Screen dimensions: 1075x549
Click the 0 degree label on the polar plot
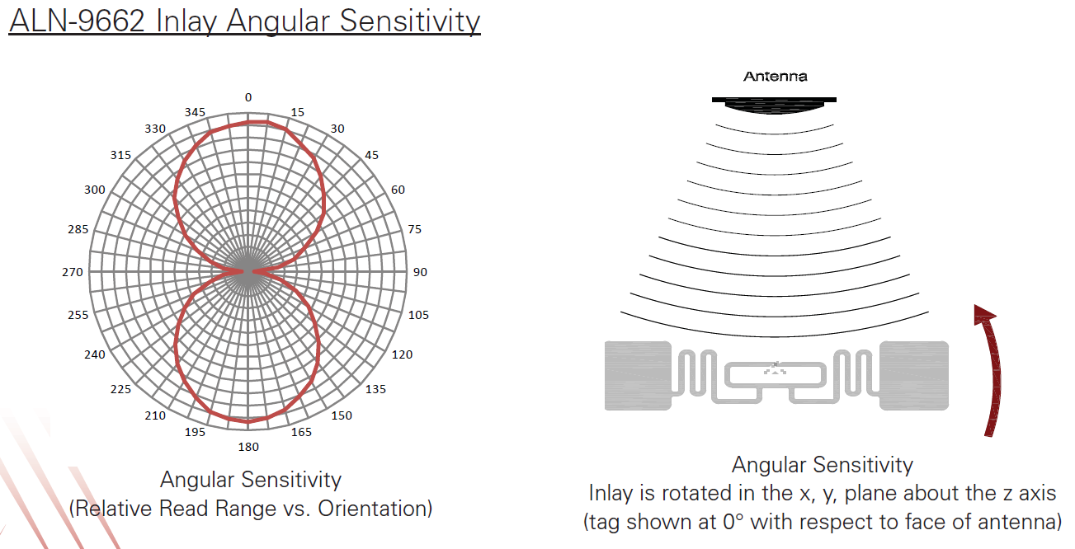click(x=248, y=97)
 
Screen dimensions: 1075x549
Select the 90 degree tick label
click(x=420, y=272)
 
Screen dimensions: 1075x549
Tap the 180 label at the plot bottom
click(x=248, y=447)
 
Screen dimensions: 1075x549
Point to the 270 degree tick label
click(x=73, y=272)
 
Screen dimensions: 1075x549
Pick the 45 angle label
click(x=371, y=155)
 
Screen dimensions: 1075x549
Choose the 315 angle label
click(x=120, y=155)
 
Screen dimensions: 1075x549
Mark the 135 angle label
click(x=375, y=389)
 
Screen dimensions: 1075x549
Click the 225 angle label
click(x=120, y=389)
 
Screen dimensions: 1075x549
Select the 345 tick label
click(x=195, y=112)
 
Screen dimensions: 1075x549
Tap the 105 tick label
click(x=418, y=315)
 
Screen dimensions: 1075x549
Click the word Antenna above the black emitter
click(x=775, y=76)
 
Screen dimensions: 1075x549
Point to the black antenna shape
click(x=774, y=105)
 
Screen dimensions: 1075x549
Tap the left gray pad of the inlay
click(x=638, y=376)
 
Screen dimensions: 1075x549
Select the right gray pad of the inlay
click(x=914, y=376)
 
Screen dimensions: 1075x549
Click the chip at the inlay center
click(x=775, y=368)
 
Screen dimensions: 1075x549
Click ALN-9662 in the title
click(x=77, y=21)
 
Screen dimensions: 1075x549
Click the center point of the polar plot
click(x=248, y=272)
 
